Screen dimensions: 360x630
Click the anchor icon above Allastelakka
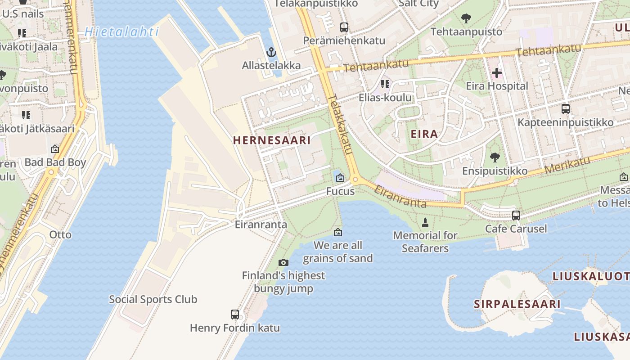(x=271, y=52)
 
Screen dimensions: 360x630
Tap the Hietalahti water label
(x=121, y=31)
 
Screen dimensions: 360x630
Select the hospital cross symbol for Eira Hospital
(x=497, y=72)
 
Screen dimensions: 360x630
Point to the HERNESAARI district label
(x=272, y=140)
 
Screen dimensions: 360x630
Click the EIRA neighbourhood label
(x=424, y=134)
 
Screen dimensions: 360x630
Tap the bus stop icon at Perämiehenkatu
(x=344, y=27)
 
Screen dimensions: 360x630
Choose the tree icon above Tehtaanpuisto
(x=466, y=18)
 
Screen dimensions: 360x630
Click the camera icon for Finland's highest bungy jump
(x=283, y=262)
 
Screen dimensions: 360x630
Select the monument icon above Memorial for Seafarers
(x=425, y=222)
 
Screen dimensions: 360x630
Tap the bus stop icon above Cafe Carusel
(x=516, y=216)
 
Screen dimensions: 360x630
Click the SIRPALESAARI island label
(x=517, y=304)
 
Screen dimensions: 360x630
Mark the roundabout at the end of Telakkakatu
(x=355, y=180)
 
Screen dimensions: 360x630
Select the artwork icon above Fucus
(x=340, y=178)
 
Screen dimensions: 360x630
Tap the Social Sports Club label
(x=153, y=299)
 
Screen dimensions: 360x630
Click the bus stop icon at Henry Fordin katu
(x=235, y=315)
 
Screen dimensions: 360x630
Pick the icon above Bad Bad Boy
(x=55, y=149)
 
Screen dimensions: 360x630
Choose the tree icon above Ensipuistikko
(x=495, y=157)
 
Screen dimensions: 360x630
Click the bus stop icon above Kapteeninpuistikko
(x=565, y=109)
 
